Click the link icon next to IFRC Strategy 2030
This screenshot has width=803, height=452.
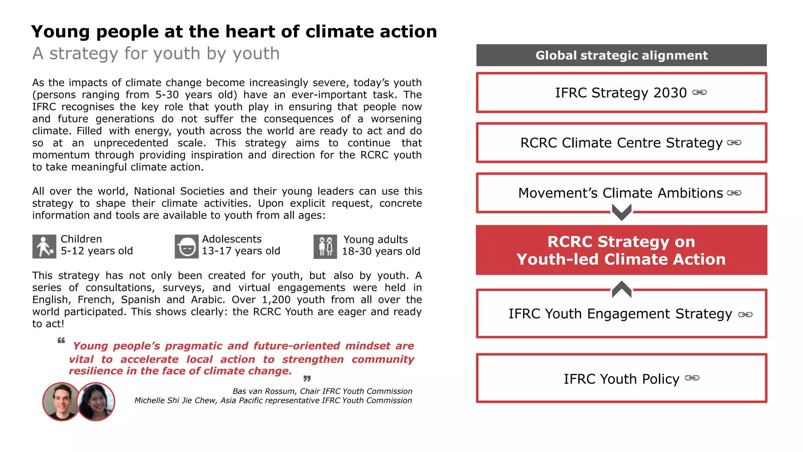pyautogui.click(x=699, y=92)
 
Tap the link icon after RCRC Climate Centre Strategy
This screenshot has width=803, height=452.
pyautogui.click(x=734, y=142)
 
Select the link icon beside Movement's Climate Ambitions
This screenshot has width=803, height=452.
pyautogui.click(x=734, y=193)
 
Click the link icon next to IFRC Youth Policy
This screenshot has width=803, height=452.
pyautogui.click(x=692, y=377)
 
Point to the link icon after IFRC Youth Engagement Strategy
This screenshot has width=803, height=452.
pyautogui.click(x=745, y=314)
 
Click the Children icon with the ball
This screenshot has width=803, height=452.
pyautogui.click(x=44, y=247)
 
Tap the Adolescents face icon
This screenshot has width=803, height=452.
pyautogui.click(x=186, y=247)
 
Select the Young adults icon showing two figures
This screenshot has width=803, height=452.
pyautogui.click(x=325, y=247)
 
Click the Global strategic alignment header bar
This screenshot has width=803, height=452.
pyautogui.click(x=621, y=55)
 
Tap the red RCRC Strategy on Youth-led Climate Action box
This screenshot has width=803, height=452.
pyautogui.click(x=621, y=250)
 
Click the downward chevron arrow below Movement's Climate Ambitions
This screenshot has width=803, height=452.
pyautogui.click(x=621, y=212)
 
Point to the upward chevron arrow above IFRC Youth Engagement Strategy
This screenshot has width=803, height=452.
pyautogui.click(x=621, y=289)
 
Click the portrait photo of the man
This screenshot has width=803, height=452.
pyautogui.click(x=61, y=401)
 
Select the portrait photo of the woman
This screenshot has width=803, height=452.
pyautogui.click(x=96, y=401)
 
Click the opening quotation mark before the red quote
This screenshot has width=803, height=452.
pyautogui.click(x=61, y=340)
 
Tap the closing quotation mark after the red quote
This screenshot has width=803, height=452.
pyautogui.click(x=307, y=378)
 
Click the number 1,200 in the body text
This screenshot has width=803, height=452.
pyautogui.click(x=276, y=300)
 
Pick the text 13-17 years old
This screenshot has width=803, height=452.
pyautogui.click(x=241, y=251)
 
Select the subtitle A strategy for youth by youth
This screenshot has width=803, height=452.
pyautogui.click(x=156, y=53)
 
